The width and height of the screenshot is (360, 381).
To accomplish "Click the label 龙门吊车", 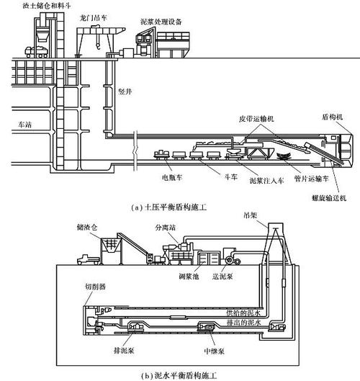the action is pyautogui.click(x=94, y=18).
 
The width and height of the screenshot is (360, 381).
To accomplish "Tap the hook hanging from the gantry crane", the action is pyautogui.click(x=98, y=45).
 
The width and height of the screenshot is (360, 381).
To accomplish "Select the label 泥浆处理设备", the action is pyautogui.click(x=161, y=22).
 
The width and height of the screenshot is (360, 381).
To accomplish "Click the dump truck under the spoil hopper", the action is pyautogui.click(x=37, y=52).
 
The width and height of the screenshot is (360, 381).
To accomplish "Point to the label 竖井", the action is pyautogui.click(x=125, y=91).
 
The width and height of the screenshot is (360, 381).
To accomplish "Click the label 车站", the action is pyautogui.click(x=24, y=125).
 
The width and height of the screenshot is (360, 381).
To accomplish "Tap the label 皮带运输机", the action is pyautogui.click(x=256, y=119).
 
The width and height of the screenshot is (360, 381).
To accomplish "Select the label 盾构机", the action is pyautogui.click(x=332, y=117).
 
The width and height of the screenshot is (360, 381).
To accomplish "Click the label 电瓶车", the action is pyautogui.click(x=172, y=177).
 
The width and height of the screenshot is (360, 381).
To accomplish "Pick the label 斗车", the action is pyautogui.click(x=230, y=177).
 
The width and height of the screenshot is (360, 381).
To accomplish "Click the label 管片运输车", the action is pyautogui.click(x=311, y=179).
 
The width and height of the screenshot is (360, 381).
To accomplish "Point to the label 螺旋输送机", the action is pyautogui.click(x=329, y=198).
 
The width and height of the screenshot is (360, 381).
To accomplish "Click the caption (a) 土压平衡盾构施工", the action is pyautogui.click(x=168, y=207).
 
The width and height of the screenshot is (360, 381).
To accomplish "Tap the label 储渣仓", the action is pyautogui.click(x=87, y=227).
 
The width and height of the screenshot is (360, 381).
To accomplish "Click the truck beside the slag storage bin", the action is pyautogui.click(x=89, y=259).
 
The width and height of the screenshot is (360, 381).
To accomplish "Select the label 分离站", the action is pyautogui.click(x=166, y=228).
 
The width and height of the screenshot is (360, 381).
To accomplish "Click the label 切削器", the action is pyautogui.click(x=95, y=287).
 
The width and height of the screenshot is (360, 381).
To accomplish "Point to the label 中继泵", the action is pyautogui.click(x=214, y=351).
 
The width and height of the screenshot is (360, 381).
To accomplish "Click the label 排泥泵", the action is pyautogui.click(x=124, y=350).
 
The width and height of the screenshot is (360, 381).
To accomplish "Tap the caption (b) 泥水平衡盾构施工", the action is pyautogui.click(x=179, y=376).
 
